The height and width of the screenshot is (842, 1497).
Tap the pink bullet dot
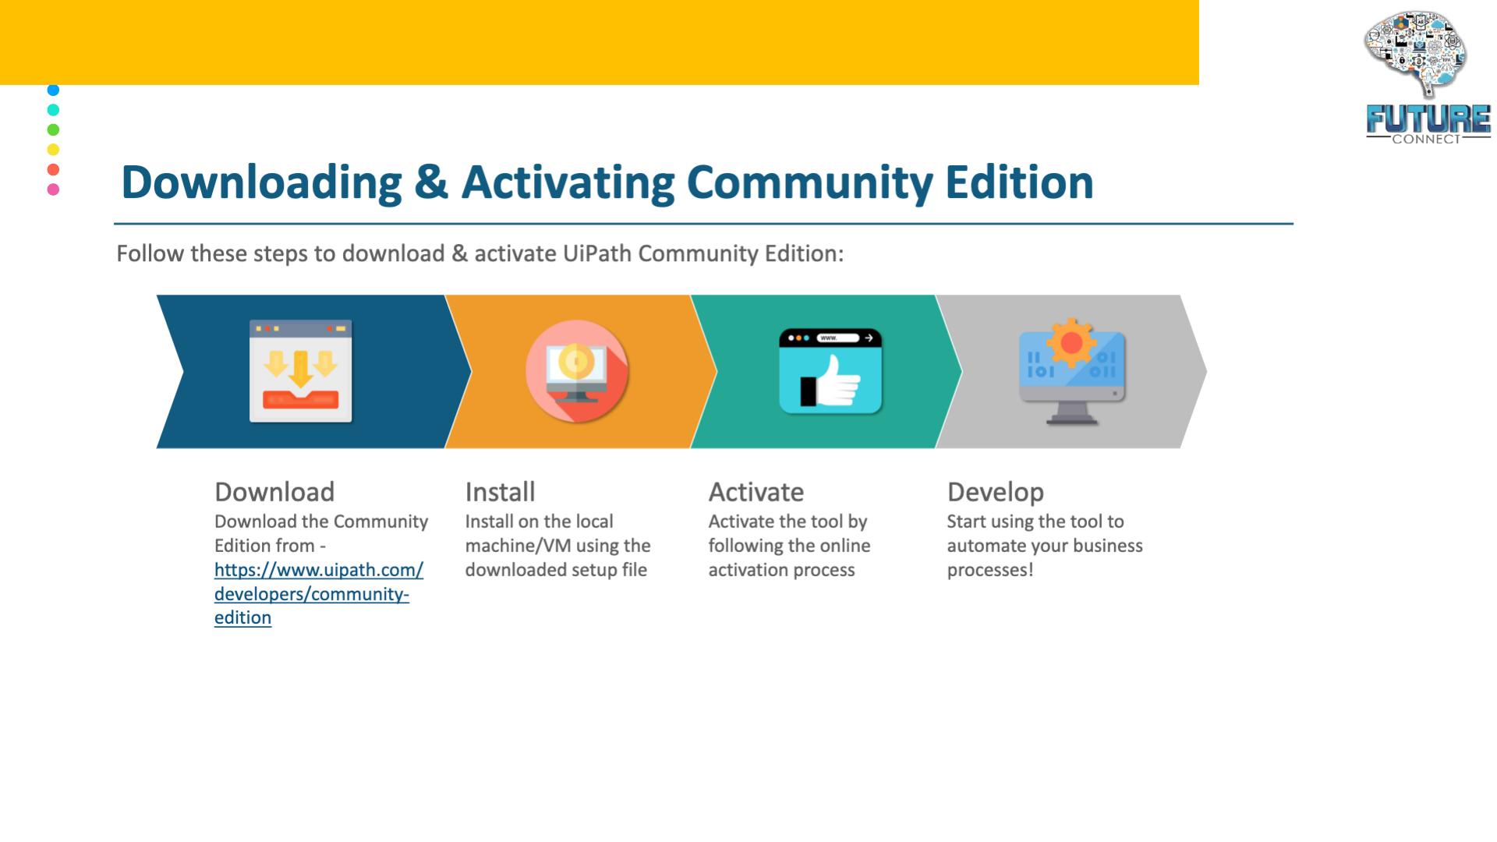(x=53, y=189)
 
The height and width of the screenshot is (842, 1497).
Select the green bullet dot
(x=53, y=129)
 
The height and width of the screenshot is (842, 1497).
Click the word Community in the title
(x=809, y=182)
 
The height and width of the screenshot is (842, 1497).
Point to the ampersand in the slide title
(x=431, y=182)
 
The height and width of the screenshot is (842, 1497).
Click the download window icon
(x=301, y=371)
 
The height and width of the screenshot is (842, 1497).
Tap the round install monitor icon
(x=577, y=371)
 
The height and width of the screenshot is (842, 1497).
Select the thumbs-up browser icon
(x=830, y=371)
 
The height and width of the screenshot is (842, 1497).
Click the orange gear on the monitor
(x=1071, y=342)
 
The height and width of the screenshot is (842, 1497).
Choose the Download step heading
(x=274, y=492)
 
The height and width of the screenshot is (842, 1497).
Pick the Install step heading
(x=500, y=492)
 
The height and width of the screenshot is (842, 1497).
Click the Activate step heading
(x=756, y=492)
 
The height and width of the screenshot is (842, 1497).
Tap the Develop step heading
(x=995, y=493)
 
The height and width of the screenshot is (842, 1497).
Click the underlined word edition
(x=242, y=617)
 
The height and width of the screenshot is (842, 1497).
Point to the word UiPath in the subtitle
(x=597, y=253)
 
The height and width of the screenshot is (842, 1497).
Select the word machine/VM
(x=518, y=546)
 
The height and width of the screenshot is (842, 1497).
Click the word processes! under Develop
(x=989, y=570)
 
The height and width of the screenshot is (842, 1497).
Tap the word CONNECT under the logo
(x=1426, y=140)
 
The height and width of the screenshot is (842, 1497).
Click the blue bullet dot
(x=53, y=90)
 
